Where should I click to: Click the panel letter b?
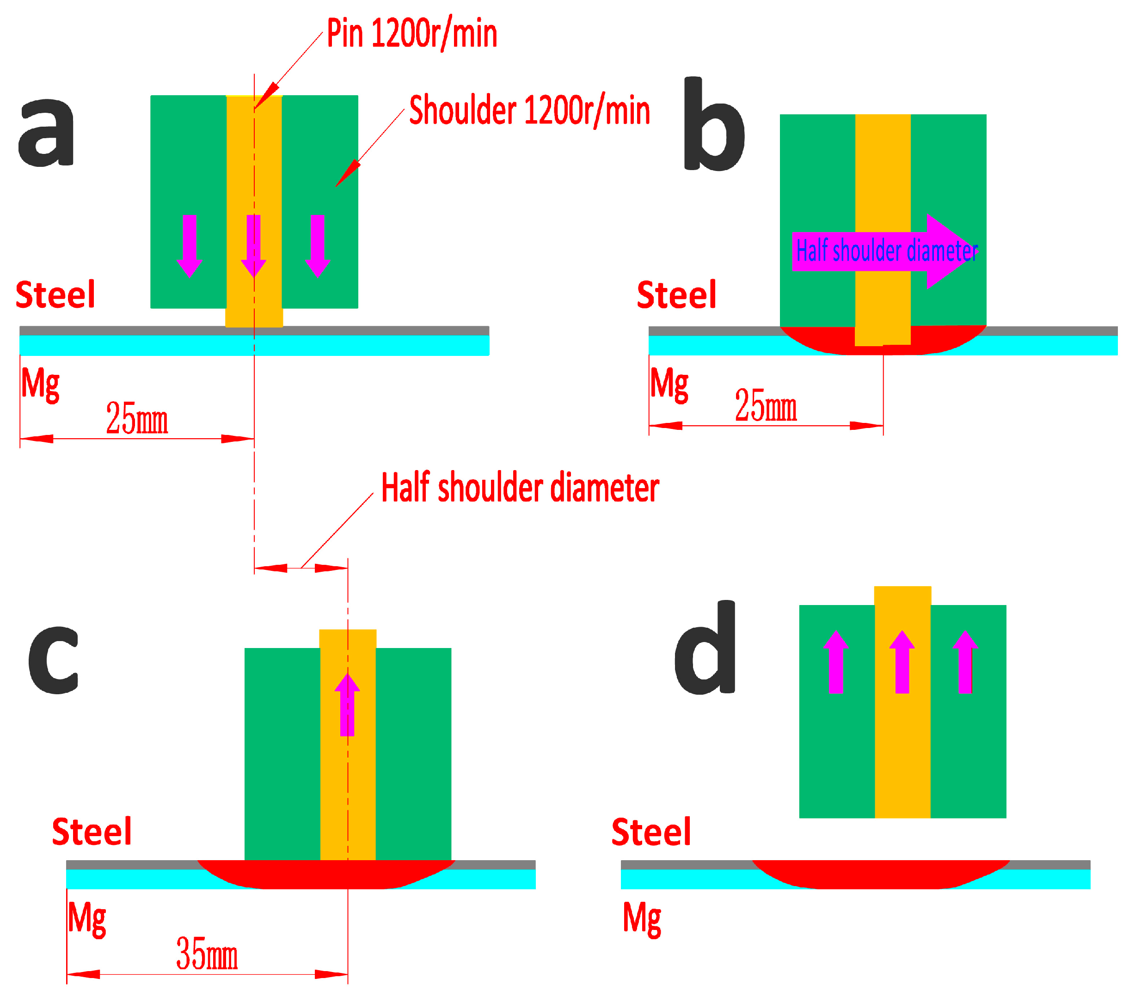tap(713, 124)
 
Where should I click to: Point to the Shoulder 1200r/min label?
tap(529, 110)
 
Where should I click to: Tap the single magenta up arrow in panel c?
tap(347, 705)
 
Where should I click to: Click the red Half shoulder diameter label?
tap(520, 487)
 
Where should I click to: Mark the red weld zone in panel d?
tap(880, 874)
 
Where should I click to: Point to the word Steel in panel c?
tap(92, 832)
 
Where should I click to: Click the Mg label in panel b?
tap(669, 384)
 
